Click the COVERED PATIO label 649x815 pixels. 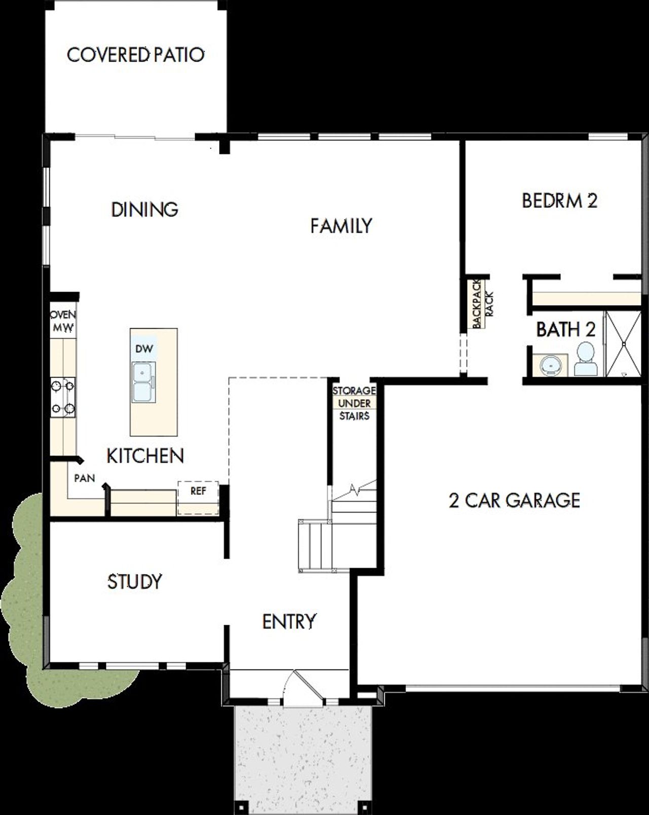click(135, 55)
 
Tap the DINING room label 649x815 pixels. click(145, 209)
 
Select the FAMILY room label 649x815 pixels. click(341, 226)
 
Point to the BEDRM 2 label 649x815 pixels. click(559, 201)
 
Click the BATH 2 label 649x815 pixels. click(565, 330)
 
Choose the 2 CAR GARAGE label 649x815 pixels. click(514, 501)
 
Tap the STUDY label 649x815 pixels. click(134, 581)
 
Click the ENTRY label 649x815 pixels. click(289, 621)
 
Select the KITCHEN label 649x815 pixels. click(145, 456)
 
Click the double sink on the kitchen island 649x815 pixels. click(143, 382)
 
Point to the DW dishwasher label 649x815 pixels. click(143, 349)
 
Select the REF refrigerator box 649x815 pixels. click(198, 492)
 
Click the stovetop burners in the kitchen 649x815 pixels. click(63, 397)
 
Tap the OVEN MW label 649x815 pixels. click(63, 322)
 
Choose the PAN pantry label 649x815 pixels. click(84, 478)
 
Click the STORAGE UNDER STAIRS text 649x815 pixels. click(354, 403)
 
